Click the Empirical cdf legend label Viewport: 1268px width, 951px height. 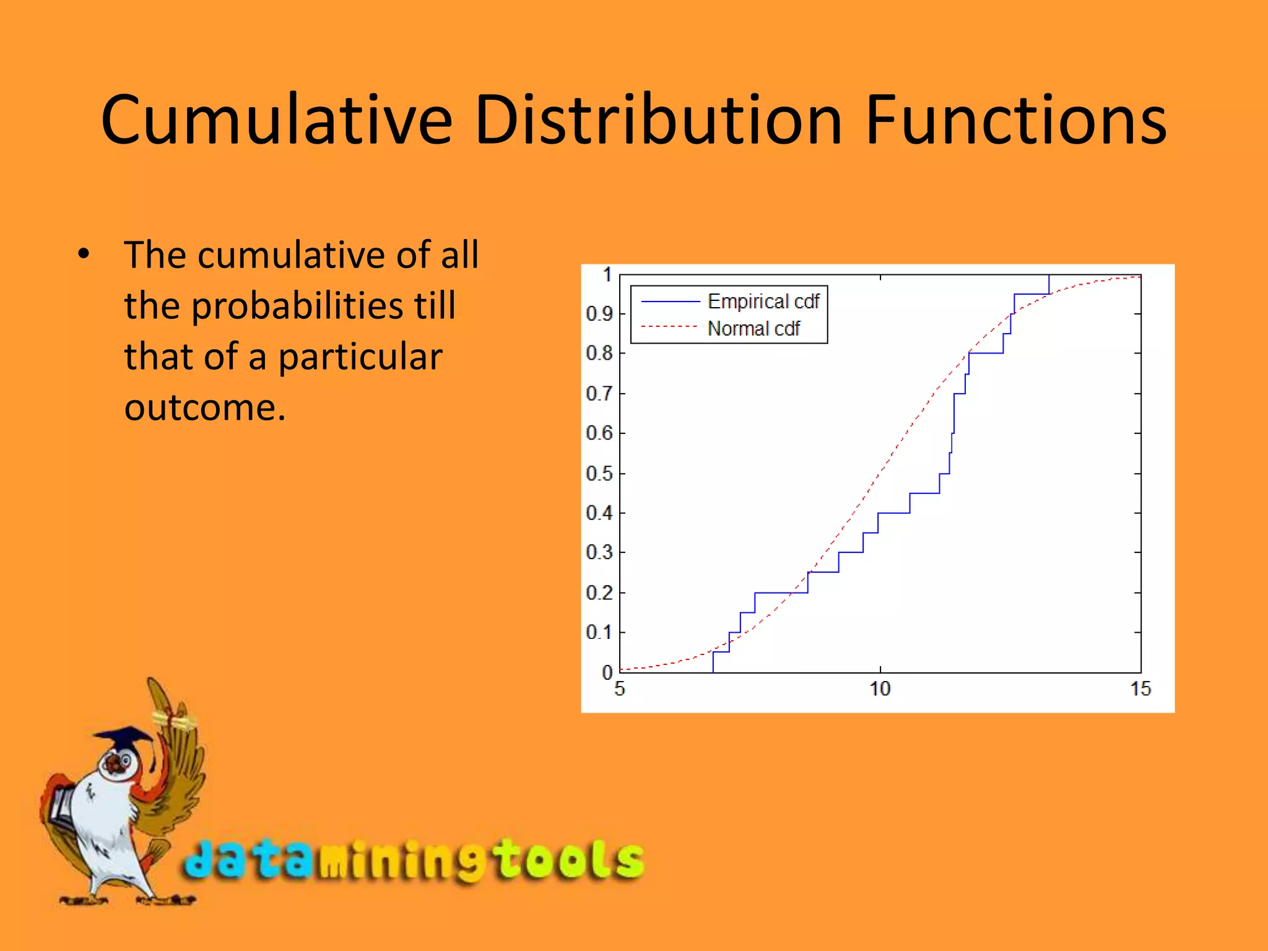click(x=763, y=302)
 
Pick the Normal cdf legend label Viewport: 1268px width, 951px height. click(x=753, y=329)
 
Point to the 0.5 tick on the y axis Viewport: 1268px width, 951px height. click(x=599, y=474)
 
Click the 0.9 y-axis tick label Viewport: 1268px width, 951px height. click(x=599, y=314)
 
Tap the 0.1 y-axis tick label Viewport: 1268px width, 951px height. click(x=599, y=632)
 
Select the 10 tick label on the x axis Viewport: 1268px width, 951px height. click(x=880, y=689)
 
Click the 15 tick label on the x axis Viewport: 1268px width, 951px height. click(x=1140, y=689)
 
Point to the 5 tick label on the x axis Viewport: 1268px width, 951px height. click(x=620, y=689)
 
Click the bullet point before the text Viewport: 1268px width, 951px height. click(x=84, y=254)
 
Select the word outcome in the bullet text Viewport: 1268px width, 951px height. click(x=204, y=408)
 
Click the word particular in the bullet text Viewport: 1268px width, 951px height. click(x=360, y=357)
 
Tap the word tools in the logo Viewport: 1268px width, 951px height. click(x=570, y=859)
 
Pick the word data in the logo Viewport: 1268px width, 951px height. click(x=248, y=859)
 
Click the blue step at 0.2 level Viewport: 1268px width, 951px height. click(x=781, y=593)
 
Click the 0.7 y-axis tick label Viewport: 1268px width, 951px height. click(x=599, y=393)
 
